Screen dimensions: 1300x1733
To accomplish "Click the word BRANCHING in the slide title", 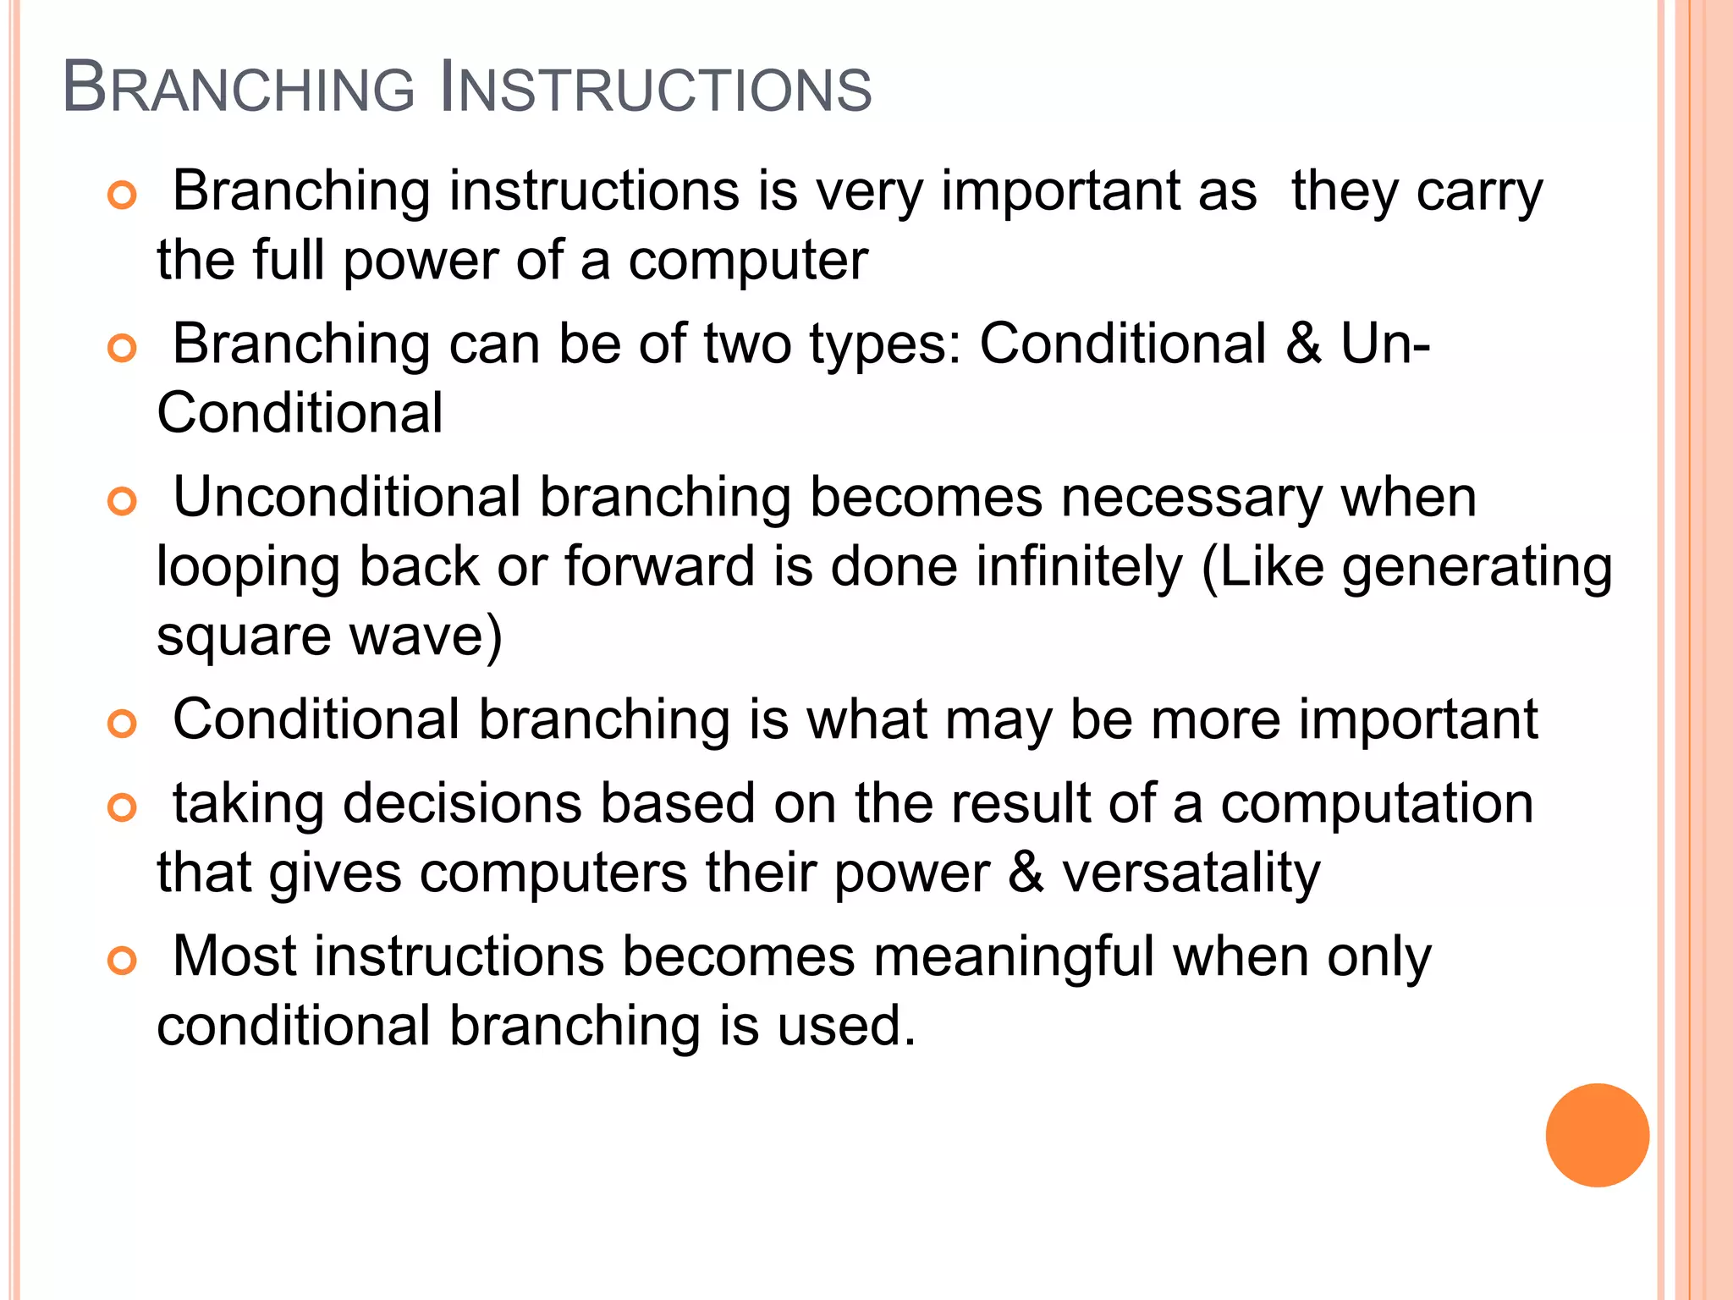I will coord(239,88).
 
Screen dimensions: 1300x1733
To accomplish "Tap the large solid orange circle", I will coord(1597,1135).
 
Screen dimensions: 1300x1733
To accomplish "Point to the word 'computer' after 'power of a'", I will coord(748,260).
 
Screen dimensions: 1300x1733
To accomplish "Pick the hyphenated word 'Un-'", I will coord(1385,344).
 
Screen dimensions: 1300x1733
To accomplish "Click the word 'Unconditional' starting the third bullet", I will coord(347,497).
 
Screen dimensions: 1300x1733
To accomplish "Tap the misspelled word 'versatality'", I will coord(1191,873).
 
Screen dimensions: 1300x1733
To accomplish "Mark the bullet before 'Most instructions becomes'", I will coord(123,961).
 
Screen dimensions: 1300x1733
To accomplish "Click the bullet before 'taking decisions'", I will coord(123,807).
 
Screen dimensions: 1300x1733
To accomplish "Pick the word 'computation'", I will coord(1377,805).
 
